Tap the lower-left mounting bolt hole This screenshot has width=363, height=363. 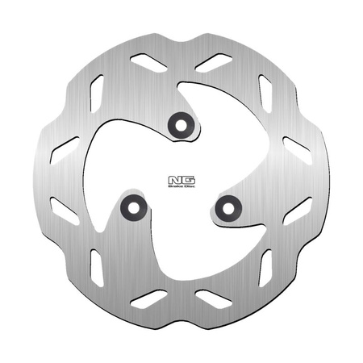(129, 208)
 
